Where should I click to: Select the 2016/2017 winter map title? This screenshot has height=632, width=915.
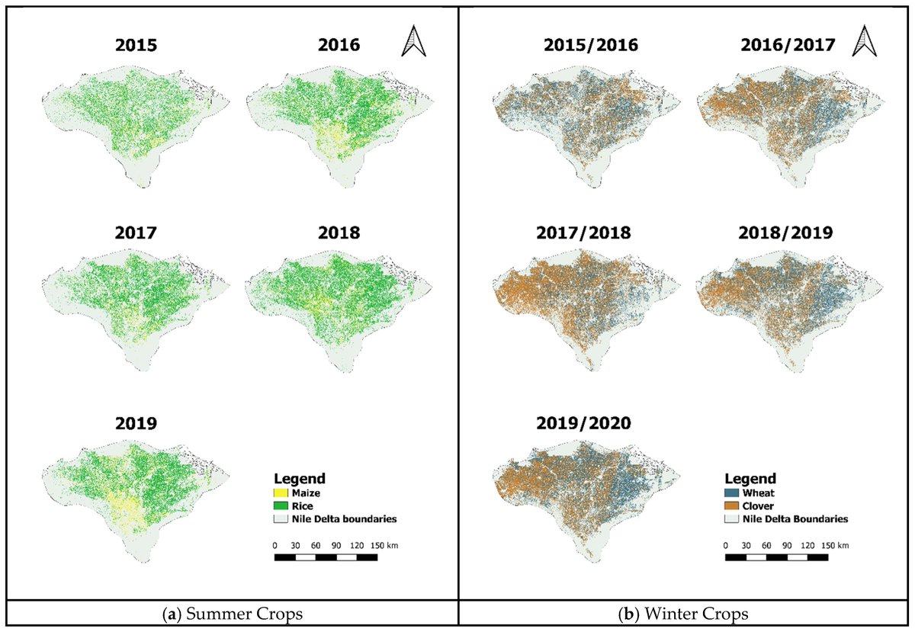pos(790,45)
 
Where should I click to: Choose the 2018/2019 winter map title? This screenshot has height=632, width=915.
pos(790,233)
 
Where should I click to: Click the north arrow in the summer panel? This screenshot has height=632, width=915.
pos(412,41)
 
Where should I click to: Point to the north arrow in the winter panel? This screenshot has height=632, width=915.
pos(864,41)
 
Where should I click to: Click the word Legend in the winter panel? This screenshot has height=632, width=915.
pos(750,480)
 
